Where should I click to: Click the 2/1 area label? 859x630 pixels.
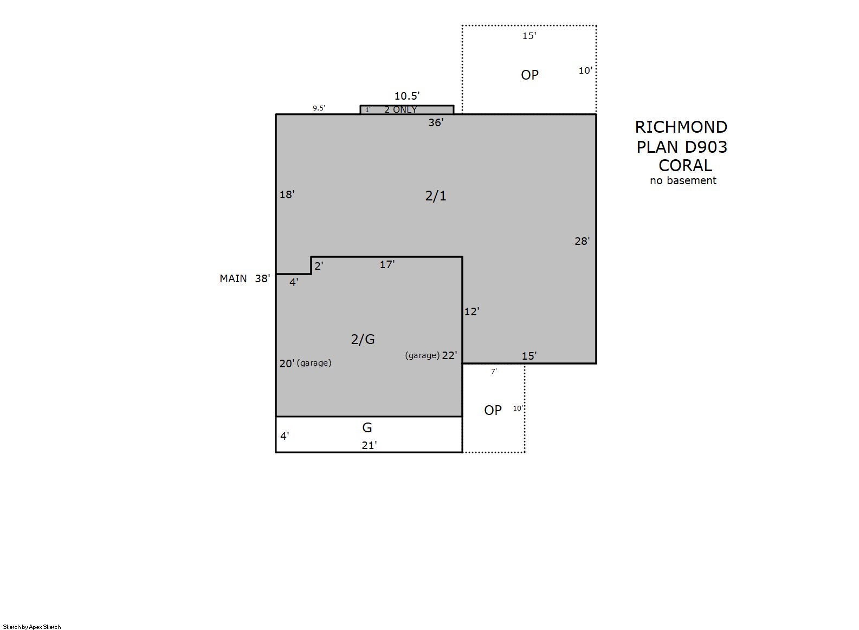(436, 196)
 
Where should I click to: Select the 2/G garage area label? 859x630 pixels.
(363, 339)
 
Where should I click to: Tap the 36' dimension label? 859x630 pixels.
(436, 122)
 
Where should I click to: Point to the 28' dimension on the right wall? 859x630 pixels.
(582, 241)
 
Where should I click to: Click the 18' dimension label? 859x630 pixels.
(287, 194)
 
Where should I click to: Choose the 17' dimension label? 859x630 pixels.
(387, 264)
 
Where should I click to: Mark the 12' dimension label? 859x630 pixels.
(472, 311)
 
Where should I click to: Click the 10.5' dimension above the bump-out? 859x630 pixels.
(407, 96)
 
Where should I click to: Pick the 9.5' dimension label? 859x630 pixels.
(319, 108)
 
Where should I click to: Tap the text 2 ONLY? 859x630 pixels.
(401, 109)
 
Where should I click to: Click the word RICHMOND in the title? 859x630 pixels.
(681, 127)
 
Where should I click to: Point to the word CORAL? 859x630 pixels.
(685, 166)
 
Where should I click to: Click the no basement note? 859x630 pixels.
(683, 180)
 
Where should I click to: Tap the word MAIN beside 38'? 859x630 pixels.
(233, 278)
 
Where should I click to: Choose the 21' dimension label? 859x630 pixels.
(369, 445)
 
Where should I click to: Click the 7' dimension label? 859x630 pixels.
(494, 371)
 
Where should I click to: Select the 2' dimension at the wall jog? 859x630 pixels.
(319, 266)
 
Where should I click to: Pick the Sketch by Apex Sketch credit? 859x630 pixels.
(32, 627)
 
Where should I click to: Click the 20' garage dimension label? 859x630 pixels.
(287, 363)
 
